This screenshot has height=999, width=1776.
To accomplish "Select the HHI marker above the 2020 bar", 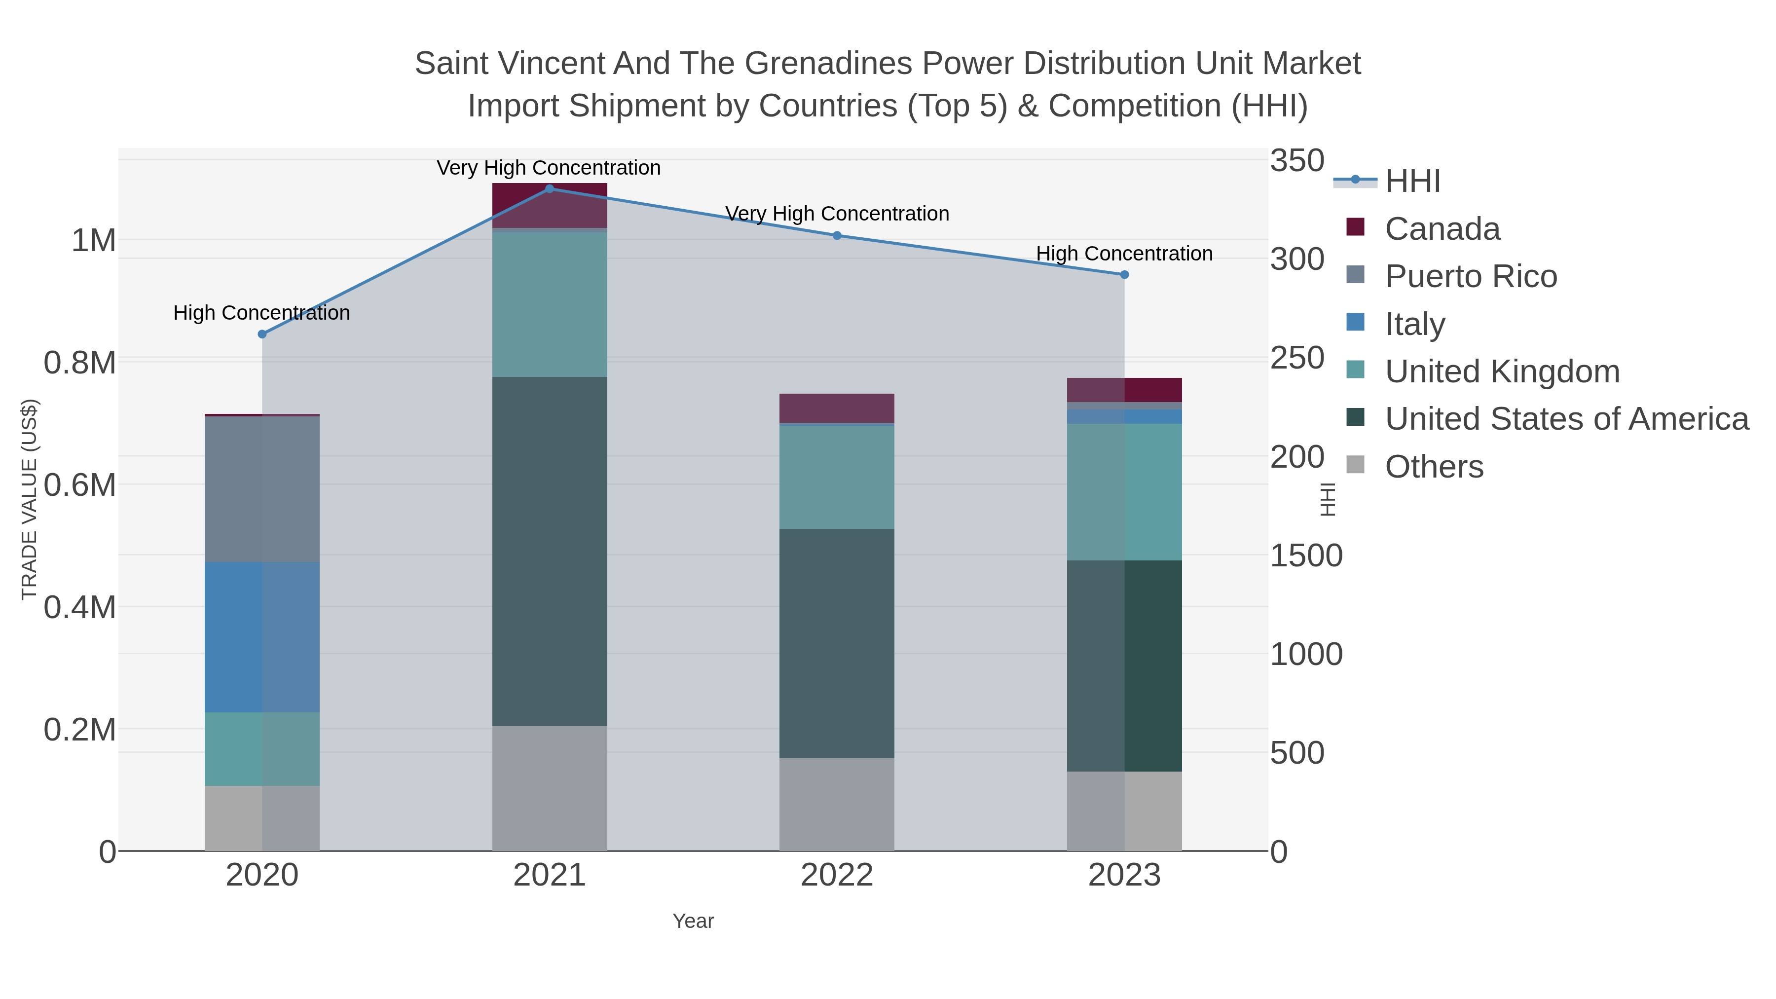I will tap(262, 334).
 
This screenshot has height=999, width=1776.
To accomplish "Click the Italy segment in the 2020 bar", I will tap(262, 637).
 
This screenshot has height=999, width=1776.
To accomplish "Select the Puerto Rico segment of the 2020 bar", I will tap(262, 489).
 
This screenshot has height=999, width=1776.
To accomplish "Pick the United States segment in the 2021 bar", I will tap(550, 552).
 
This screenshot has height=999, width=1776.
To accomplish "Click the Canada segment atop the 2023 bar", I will tap(1124, 390).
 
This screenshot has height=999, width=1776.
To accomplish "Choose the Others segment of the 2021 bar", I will tap(550, 788).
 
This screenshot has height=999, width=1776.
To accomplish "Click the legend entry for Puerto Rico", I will tap(1471, 276).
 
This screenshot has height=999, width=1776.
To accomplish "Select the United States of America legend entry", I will tap(1566, 419).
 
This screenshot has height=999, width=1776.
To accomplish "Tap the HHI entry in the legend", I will tap(1412, 182).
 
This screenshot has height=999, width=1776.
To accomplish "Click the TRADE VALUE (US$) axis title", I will tap(29, 499).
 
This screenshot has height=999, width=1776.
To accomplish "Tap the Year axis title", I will tap(693, 921).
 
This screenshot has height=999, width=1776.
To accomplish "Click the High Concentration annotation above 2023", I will tap(1124, 254).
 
